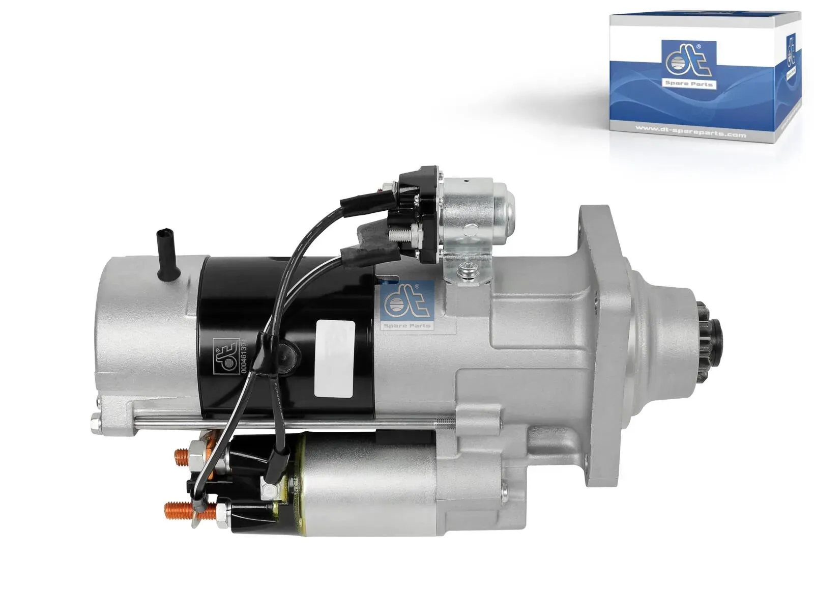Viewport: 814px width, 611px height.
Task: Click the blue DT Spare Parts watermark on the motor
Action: (x=407, y=305)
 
